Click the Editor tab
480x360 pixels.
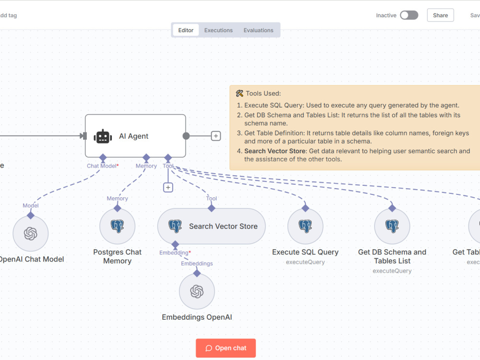[x=186, y=30]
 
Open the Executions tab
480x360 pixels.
[x=218, y=30]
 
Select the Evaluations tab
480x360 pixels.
[x=258, y=30]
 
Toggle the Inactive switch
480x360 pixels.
[x=409, y=15]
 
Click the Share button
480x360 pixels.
[x=440, y=15]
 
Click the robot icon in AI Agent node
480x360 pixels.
[x=103, y=136]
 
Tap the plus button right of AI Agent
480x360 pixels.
[x=216, y=136]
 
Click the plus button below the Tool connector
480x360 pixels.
[x=168, y=187]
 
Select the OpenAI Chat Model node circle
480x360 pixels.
[x=31, y=234]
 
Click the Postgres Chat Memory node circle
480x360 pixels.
[x=117, y=227]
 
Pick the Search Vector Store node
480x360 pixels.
[x=212, y=227]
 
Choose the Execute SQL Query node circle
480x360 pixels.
[x=305, y=227]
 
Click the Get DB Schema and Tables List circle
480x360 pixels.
[x=392, y=227]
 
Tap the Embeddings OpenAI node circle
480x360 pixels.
[x=197, y=291]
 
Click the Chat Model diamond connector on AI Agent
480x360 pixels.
[x=103, y=157]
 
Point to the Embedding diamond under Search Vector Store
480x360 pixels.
[x=175, y=245]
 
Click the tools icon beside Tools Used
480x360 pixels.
[x=240, y=94]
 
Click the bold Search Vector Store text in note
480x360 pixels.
[x=275, y=151]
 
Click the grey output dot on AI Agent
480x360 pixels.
[x=186, y=136]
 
